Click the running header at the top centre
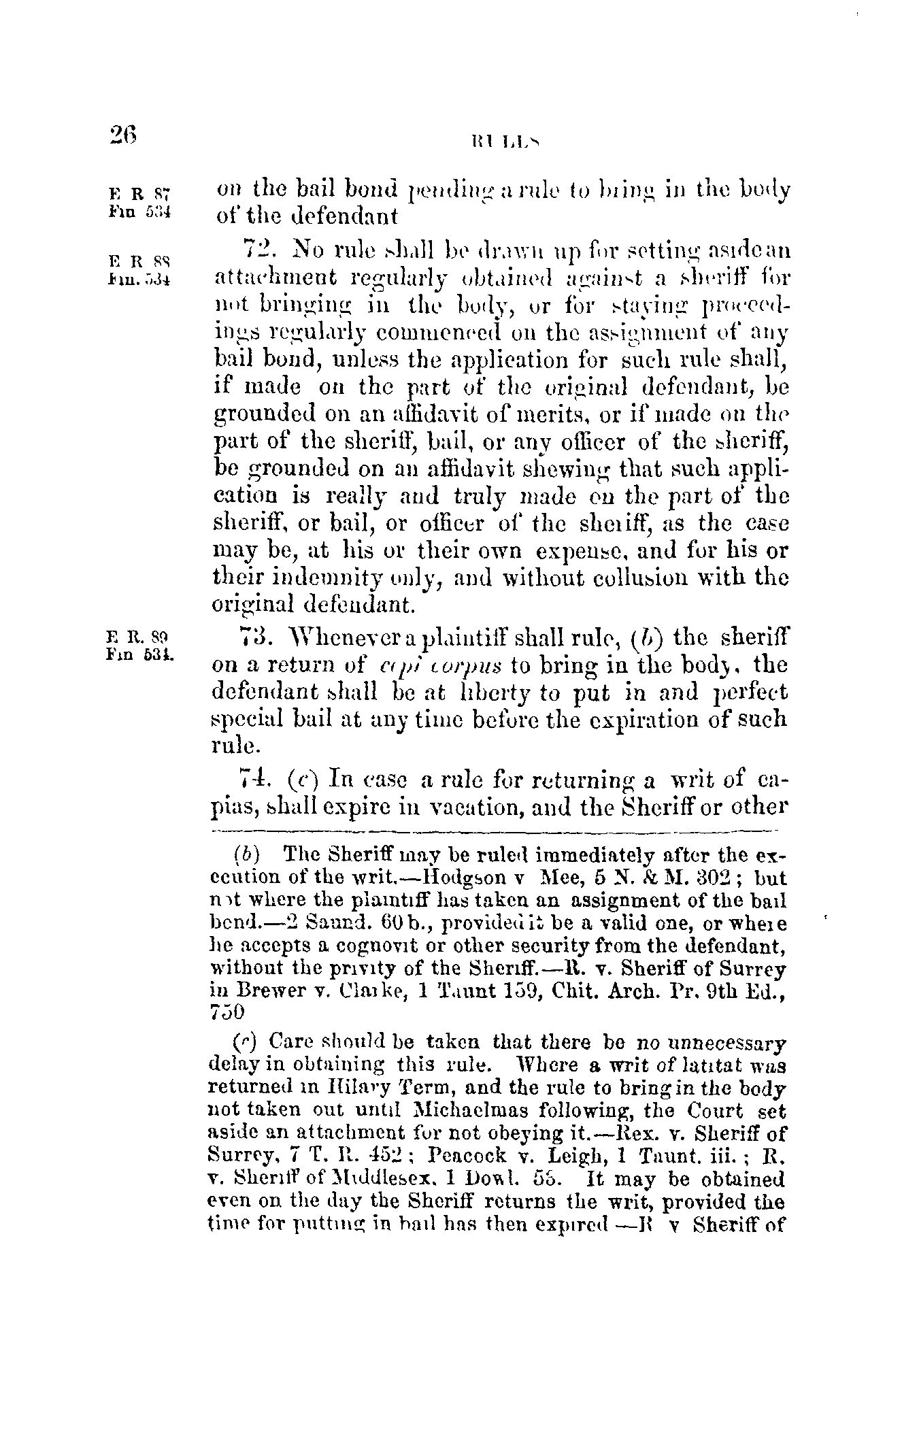[x=503, y=142]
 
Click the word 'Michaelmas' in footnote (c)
[x=488, y=1112]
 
